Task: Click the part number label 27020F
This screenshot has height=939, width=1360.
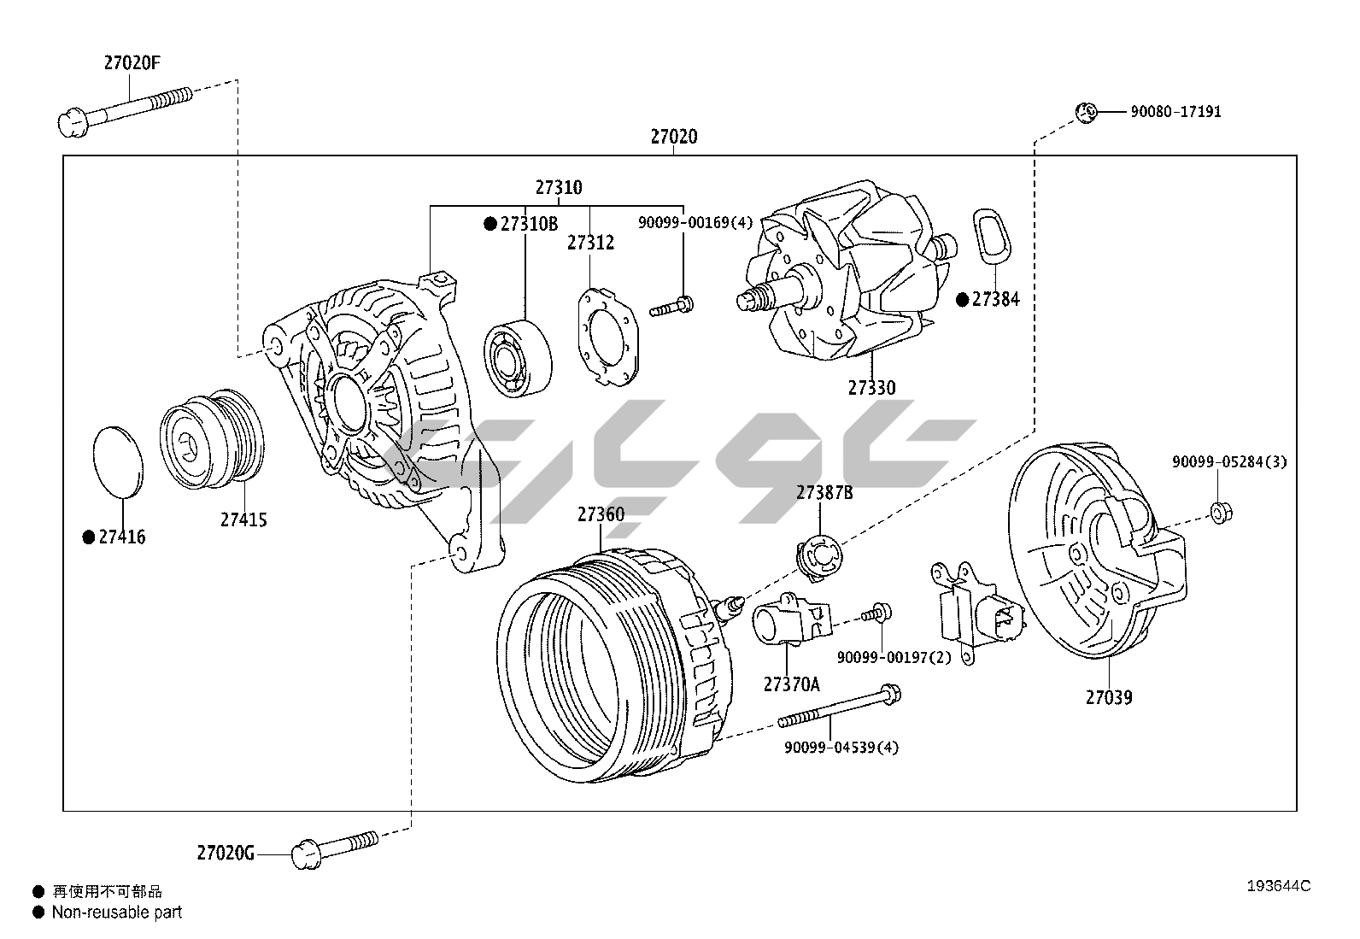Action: (132, 62)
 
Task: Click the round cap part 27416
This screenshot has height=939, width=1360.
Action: (117, 460)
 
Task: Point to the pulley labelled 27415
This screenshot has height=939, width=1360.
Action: (214, 436)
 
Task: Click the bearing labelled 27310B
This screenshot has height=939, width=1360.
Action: (518, 359)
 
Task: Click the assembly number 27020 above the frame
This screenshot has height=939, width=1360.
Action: (673, 137)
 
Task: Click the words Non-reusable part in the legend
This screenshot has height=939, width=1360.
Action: (117, 913)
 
